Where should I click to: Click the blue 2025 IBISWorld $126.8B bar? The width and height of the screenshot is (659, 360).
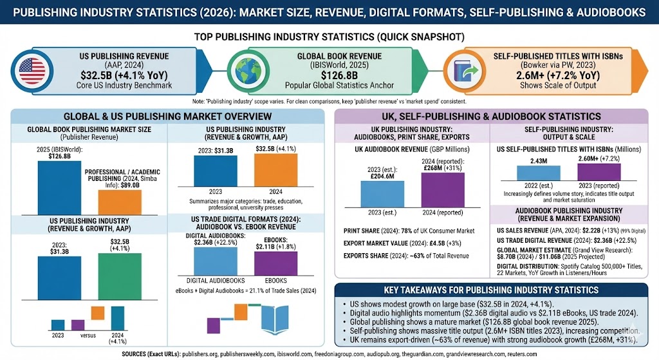55,187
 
